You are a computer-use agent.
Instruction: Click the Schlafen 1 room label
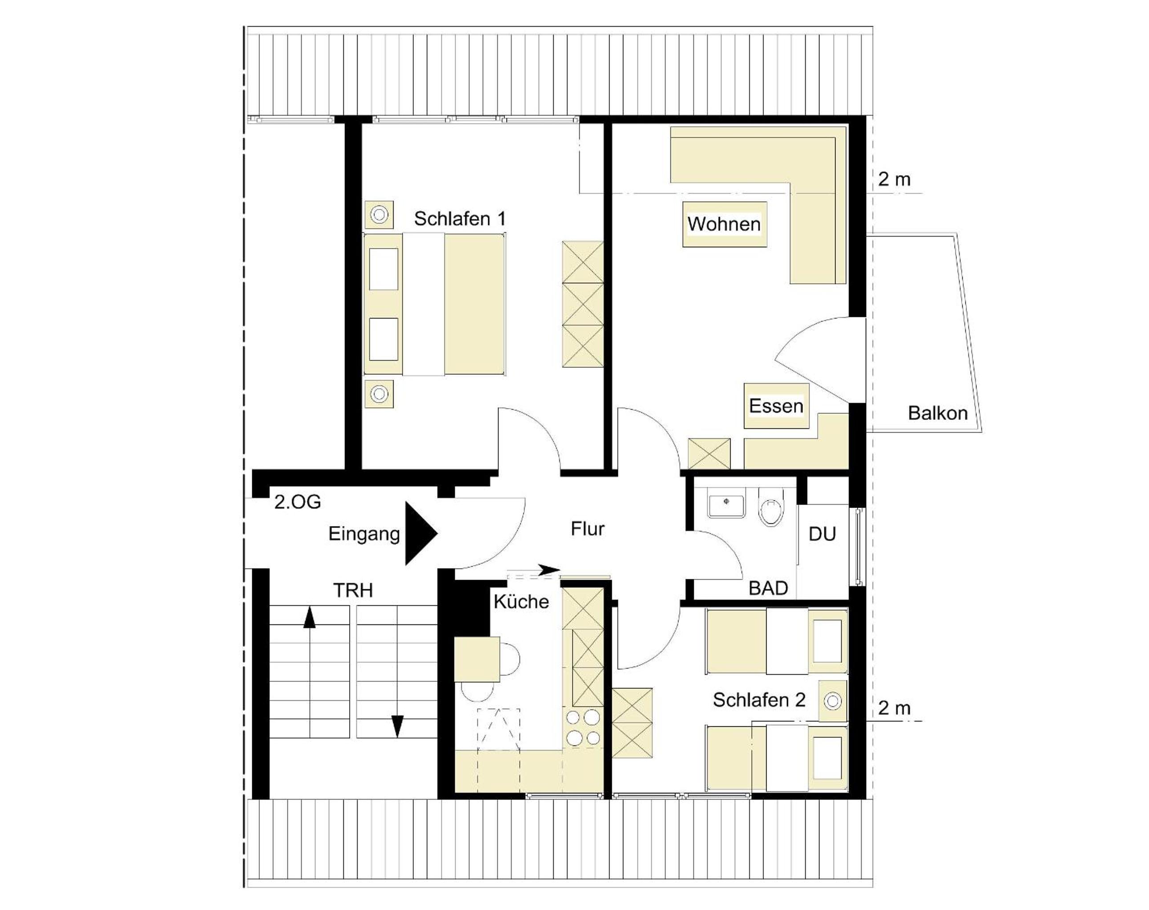pos(460,219)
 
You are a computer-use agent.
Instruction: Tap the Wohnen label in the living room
pos(724,224)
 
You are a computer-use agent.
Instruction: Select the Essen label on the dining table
pos(776,406)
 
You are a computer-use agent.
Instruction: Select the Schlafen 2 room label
pos(759,700)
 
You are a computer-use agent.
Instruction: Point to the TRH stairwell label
pos(353,590)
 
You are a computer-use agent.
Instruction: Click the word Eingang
pos(364,534)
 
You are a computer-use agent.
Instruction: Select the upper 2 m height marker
pos(894,180)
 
